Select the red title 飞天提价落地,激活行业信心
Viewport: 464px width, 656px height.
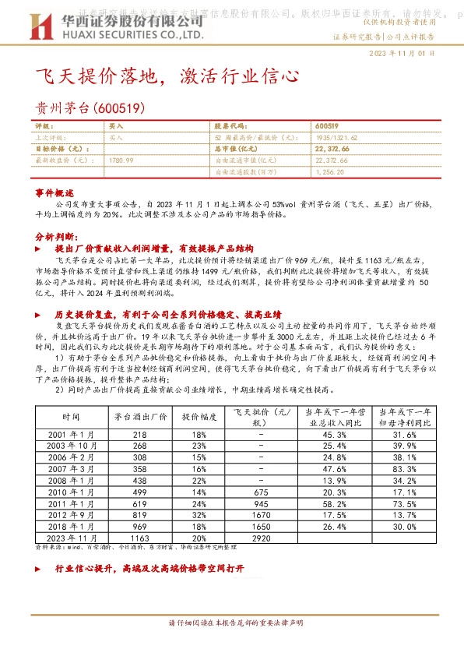[x=167, y=76]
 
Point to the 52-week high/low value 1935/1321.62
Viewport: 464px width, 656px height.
[x=337, y=136]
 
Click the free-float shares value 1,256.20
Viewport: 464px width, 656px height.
[x=331, y=171]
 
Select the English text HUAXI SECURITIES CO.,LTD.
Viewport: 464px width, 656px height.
[x=128, y=35]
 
